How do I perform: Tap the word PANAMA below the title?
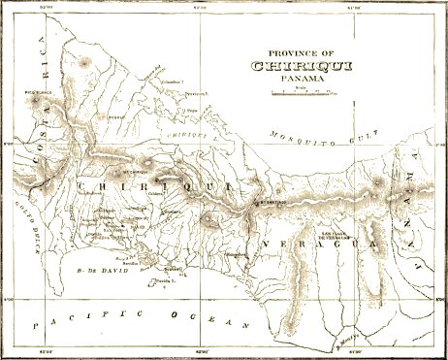[x=300, y=80]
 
